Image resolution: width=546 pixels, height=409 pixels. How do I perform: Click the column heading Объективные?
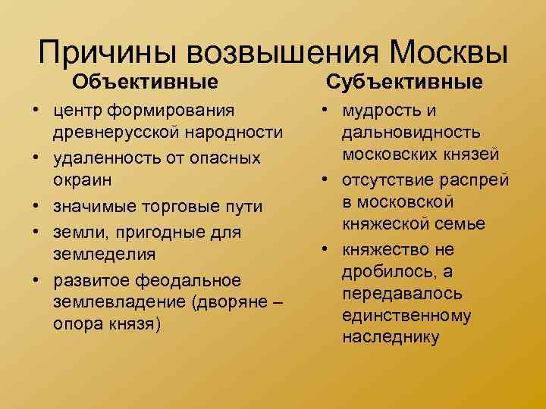pyautogui.click(x=146, y=80)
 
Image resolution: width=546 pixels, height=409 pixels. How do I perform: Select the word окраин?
pyautogui.click(x=78, y=182)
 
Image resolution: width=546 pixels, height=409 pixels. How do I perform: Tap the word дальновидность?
pyautogui.click(x=410, y=133)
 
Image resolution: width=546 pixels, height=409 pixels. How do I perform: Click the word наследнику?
pyautogui.click(x=391, y=337)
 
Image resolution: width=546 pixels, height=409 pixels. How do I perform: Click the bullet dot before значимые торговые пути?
pyautogui.click(x=36, y=207)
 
